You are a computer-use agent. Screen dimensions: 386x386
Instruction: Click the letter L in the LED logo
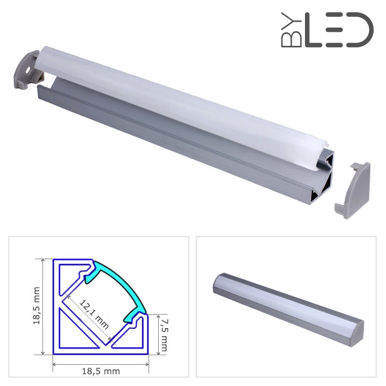[x=313, y=30]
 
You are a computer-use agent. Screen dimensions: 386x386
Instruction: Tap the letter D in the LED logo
[x=360, y=30]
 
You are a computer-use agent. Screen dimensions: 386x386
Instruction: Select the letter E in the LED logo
[x=334, y=30]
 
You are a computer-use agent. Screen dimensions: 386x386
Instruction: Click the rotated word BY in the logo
[x=291, y=30]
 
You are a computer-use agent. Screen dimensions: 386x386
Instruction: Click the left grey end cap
[x=26, y=69]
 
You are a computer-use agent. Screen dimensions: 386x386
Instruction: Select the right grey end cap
[x=353, y=190]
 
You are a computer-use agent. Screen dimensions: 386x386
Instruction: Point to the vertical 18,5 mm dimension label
[x=37, y=306]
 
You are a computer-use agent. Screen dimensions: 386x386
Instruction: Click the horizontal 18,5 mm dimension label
[x=101, y=371]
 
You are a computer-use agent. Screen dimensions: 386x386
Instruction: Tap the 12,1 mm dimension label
[x=94, y=315]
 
